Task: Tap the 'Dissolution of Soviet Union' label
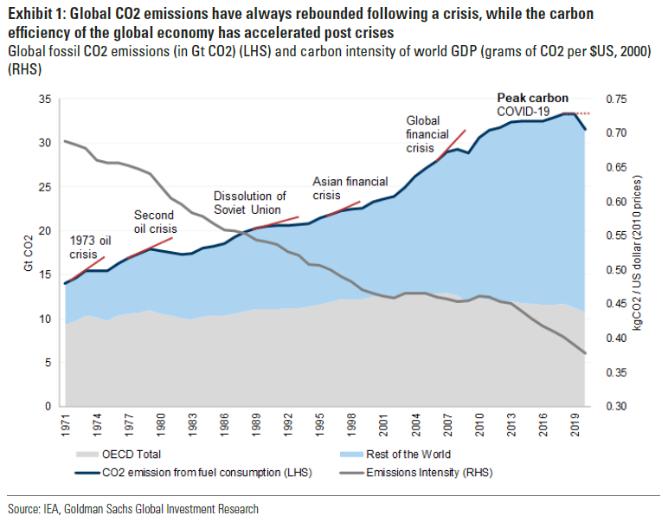(250, 203)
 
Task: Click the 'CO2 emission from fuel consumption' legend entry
(195, 472)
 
